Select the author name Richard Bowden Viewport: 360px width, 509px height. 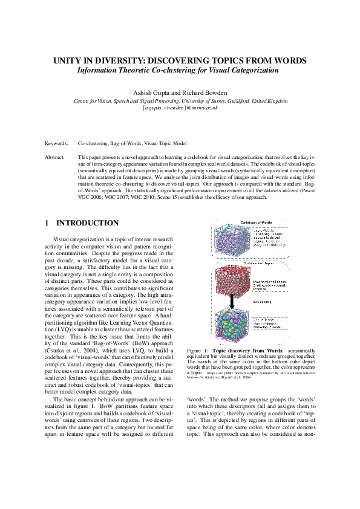[202, 92]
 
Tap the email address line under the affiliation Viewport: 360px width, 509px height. [180, 107]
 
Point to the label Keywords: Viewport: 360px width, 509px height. [57, 145]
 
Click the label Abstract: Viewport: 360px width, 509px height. [55, 157]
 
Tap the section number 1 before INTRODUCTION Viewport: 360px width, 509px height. [47, 222]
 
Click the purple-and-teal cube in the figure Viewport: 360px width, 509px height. [230, 242]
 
